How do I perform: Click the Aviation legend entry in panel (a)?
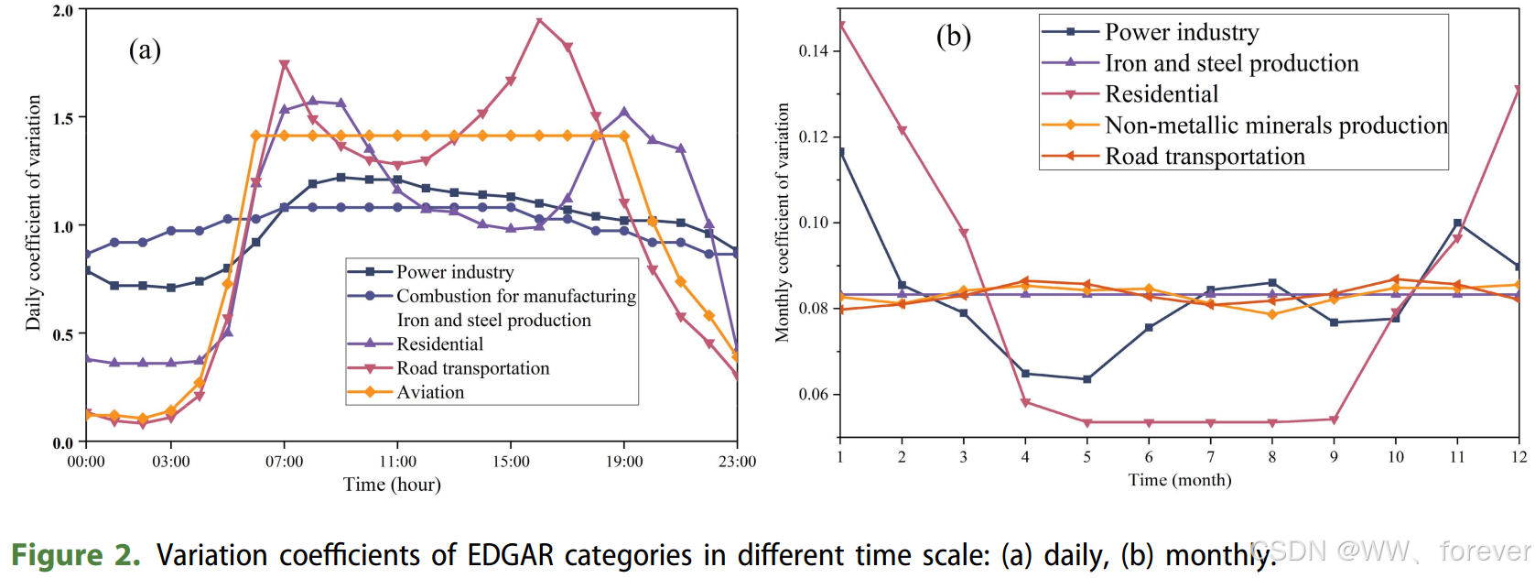430,392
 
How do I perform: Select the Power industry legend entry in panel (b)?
1181,32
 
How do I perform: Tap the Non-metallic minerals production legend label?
1276,125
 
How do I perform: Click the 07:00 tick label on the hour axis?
284,462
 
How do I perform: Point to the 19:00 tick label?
624,462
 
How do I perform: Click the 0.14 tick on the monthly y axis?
814,50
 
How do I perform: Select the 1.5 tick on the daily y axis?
63,118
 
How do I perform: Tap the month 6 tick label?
1149,457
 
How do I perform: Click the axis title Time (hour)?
392,485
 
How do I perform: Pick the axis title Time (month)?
1179,480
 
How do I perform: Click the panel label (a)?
145,49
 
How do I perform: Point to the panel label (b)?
953,37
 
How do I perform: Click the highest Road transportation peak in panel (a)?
539,20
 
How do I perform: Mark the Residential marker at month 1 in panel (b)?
841,26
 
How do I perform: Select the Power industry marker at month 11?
1457,223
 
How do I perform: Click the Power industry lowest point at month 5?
1087,379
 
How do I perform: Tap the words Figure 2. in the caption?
76,555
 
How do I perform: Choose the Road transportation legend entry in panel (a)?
472,368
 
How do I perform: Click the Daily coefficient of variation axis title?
34,213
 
